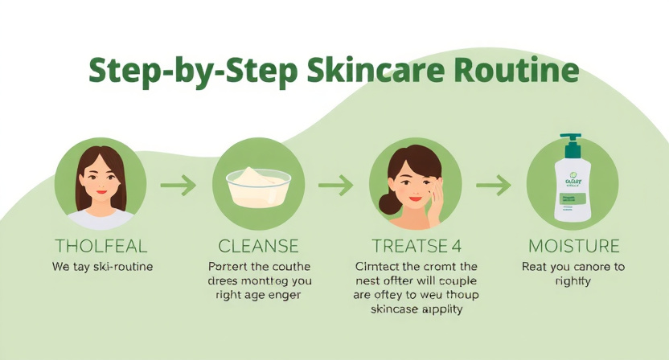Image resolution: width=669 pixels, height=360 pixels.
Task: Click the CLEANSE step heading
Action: tap(258, 246)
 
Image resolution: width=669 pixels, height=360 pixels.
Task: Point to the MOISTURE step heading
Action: tap(573, 246)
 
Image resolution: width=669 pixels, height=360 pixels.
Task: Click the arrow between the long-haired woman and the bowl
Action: tap(179, 186)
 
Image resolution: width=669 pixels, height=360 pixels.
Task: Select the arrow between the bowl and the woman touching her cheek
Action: tap(335, 186)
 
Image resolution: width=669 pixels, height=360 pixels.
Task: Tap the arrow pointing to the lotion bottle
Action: tap(493, 186)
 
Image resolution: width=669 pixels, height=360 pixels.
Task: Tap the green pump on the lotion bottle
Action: tap(572, 146)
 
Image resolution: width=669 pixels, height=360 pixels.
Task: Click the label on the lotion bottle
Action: tap(572, 193)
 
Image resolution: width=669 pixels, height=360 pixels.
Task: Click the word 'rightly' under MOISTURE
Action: tap(573, 281)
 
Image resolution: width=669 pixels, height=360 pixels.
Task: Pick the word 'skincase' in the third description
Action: tap(386, 309)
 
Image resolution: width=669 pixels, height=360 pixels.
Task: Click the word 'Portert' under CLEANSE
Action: tap(228, 267)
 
